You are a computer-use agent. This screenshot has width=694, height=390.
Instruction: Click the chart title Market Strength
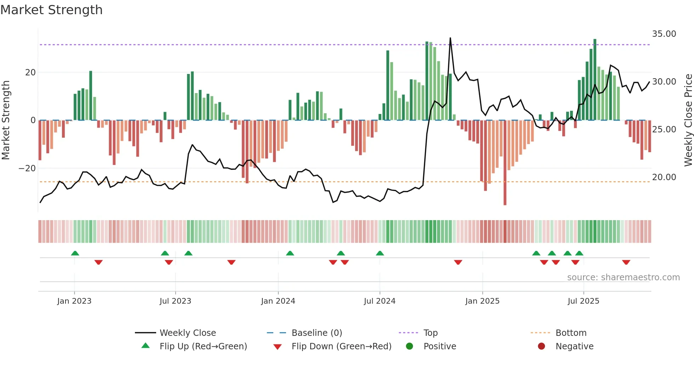tap(51, 10)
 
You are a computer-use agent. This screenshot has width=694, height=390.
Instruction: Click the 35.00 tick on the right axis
tap(664, 34)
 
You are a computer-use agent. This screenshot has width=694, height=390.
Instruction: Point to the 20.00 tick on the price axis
tap(664, 177)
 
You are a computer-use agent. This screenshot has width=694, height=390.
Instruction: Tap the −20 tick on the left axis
tap(27, 168)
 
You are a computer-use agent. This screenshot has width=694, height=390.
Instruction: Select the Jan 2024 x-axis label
tap(278, 301)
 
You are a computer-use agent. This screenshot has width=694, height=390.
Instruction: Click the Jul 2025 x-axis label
tap(583, 301)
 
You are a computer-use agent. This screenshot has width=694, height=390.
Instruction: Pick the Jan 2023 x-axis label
tap(74, 301)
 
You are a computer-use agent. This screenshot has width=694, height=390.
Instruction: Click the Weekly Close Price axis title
tap(688, 120)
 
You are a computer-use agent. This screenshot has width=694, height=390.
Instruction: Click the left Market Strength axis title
tap(6, 120)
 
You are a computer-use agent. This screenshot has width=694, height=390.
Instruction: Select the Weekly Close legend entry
tap(188, 333)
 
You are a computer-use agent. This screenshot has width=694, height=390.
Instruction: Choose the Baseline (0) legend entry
tap(317, 333)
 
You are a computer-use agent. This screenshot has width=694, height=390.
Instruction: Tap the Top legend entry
tap(430, 333)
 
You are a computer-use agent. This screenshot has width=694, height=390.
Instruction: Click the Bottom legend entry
tap(571, 333)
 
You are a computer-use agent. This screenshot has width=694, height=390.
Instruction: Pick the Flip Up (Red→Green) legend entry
tap(203, 346)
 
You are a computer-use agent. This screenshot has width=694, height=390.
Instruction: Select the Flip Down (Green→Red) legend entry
tap(341, 346)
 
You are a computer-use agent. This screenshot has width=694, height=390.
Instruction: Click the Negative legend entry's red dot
tap(541, 346)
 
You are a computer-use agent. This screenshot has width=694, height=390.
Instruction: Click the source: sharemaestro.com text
tap(623, 277)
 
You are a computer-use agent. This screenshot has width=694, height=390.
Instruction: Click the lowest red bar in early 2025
tap(505, 204)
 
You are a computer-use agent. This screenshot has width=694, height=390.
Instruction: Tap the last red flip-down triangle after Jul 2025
tap(626, 262)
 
